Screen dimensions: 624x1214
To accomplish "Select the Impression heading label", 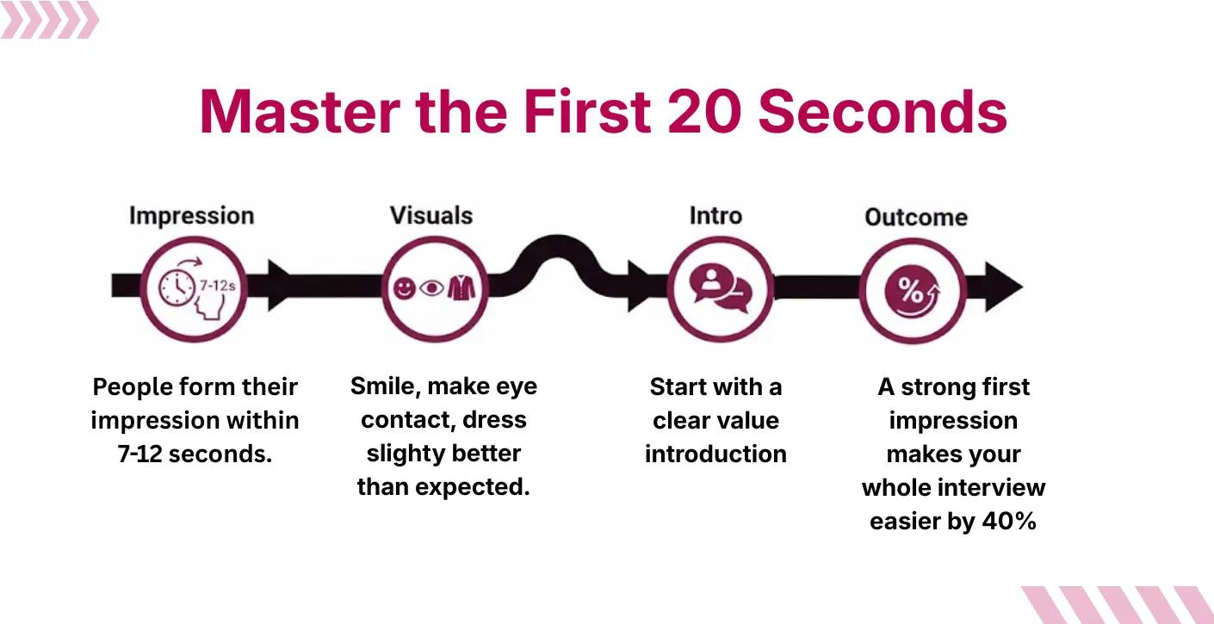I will [x=191, y=215].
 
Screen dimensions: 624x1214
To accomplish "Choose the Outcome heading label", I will [x=916, y=217].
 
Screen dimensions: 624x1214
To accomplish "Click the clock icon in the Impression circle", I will [x=177, y=286].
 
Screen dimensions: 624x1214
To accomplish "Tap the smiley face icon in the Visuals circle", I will [x=404, y=288].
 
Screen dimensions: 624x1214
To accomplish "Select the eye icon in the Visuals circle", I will [x=431, y=288].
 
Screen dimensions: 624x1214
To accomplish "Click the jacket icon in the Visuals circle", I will [x=461, y=287].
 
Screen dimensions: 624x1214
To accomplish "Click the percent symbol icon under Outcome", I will [x=913, y=290].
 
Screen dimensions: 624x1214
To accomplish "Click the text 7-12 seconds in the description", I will [x=195, y=454].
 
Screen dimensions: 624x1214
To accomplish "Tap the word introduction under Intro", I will [x=715, y=454].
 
